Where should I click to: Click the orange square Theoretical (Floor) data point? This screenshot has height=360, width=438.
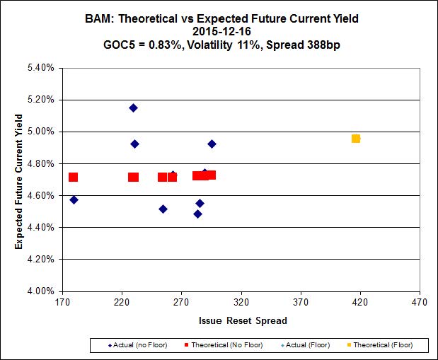pos(356,139)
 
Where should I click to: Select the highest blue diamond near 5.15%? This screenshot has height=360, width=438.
pos(133,108)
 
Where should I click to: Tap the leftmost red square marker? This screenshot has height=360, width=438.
pos(73,178)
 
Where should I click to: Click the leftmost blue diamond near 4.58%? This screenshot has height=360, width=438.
pos(74,200)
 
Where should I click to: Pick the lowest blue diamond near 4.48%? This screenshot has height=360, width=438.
pos(197,214)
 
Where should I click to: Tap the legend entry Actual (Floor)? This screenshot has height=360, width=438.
pos(308,345)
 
